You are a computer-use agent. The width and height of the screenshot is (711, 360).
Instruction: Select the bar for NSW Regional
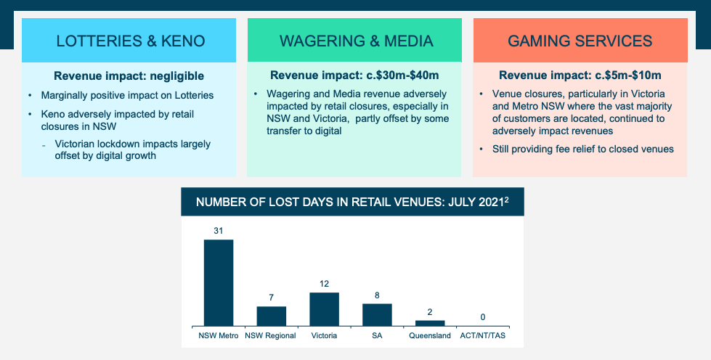pyautogui.click(x=271, y=316)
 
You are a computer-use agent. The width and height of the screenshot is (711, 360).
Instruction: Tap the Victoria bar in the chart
pyautogui.click(x=324, y=308)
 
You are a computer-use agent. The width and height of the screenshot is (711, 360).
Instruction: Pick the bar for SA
pyautogui.click(x=377, y=314)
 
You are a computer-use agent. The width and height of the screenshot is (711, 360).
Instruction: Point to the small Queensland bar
pyautogui.click(x=430, y=322)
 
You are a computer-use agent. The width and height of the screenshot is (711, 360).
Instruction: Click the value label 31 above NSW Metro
pyautogui.click(x=218, y=231)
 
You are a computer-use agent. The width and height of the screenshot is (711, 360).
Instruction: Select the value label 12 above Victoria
pyautogui.click(x=324, y=284)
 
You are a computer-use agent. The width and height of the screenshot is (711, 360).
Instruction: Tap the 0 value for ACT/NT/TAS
pyautogui.click(x=483, y=317)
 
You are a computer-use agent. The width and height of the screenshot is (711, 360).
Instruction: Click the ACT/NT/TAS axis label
pyautogui.click(x=483, y=335)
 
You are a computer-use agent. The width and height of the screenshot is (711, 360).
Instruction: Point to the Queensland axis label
pyautogui.click(x=430, y=335)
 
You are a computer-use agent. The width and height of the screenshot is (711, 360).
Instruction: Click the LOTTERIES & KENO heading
pyautogui.click(x=129, y=41)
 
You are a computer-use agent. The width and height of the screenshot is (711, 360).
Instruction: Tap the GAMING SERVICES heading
pyautogui.click(x=580, y=41)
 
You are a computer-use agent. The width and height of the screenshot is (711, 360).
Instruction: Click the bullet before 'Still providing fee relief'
pyautogui.click(x=484, y=150)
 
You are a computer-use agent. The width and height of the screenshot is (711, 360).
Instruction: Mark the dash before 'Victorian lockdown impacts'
pyautogui.click(x=44, y=144)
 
